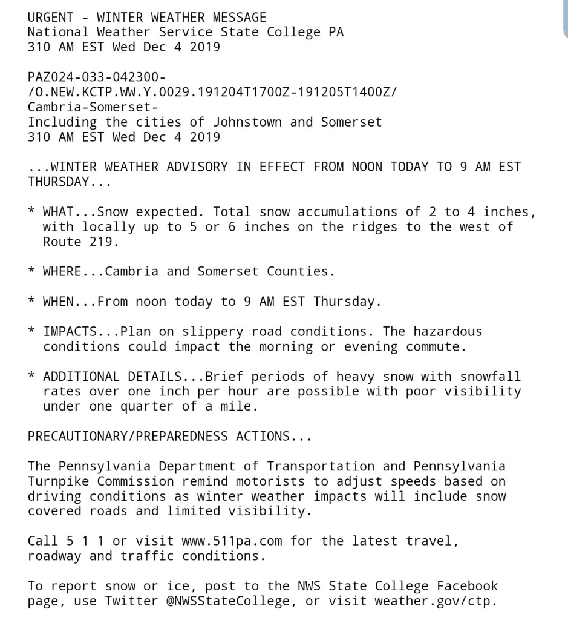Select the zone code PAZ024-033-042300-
97,77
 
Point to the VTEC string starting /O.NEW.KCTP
212,93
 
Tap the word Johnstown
247,122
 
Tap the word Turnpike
58,482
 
